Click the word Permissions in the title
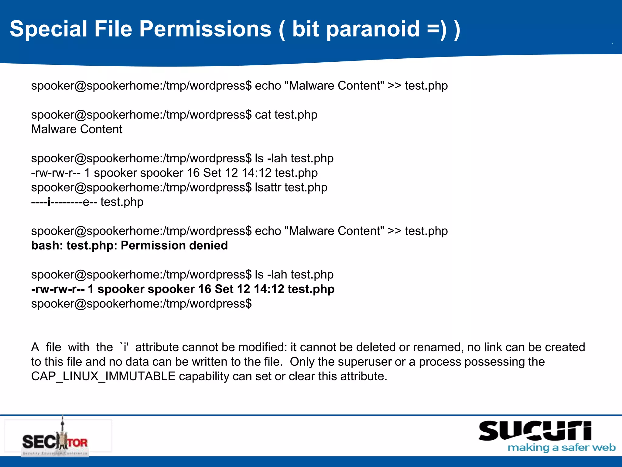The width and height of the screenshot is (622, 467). [x=205, y=29]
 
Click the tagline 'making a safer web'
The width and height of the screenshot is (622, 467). [x=561, y=448]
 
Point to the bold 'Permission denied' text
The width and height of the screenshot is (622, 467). [x=174, y=245]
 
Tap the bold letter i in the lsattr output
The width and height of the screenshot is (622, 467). [x=49, y=202]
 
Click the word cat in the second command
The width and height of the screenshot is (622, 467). [x=263, y=115]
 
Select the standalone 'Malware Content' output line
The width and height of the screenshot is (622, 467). [x=77, y=129]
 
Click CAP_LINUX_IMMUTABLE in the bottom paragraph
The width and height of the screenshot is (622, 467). [x=103, y=376]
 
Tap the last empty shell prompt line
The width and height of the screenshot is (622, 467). [x=141, y=304]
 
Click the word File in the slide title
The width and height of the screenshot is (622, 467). [x=113, y=29]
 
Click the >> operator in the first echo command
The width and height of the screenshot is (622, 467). [x=395, y=86]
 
